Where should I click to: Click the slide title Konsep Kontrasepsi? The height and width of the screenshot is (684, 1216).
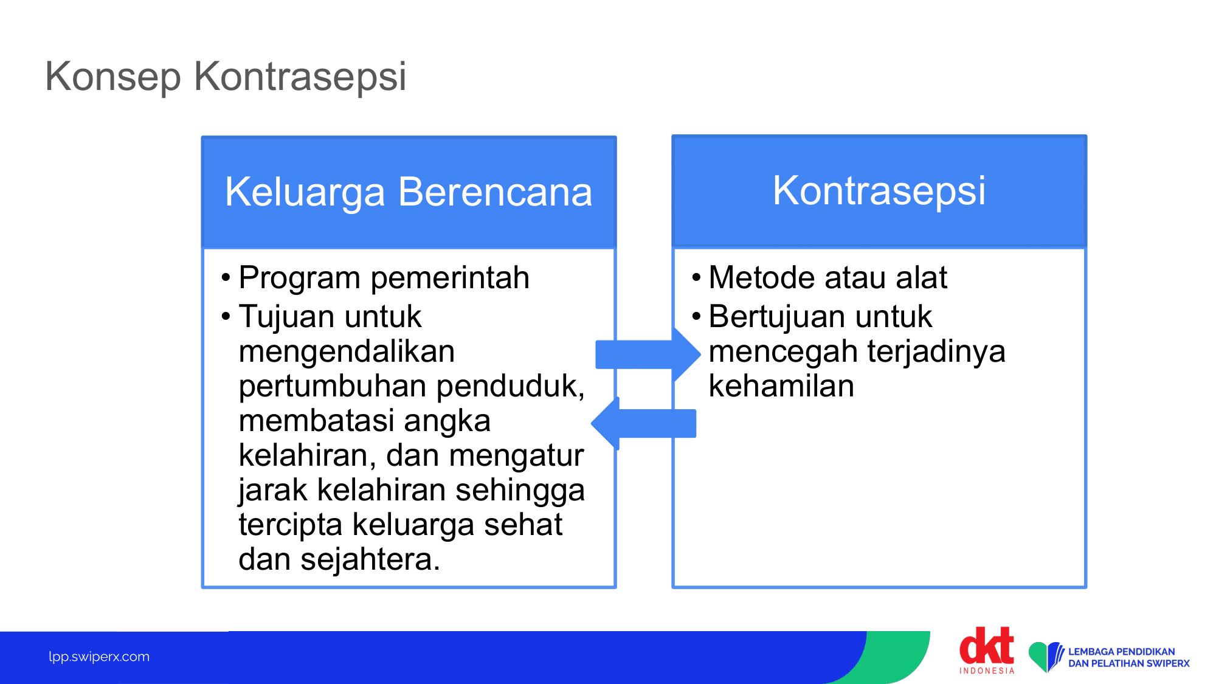(x=226, y=77)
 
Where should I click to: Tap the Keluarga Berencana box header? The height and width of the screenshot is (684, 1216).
(x=409, y=192)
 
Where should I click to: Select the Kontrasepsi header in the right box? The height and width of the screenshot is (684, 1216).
(x=879, y=191)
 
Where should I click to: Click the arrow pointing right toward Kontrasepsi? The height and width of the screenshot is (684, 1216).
(x=648, y=354)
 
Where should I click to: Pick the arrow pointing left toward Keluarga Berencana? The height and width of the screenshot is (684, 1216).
(x=643, y=423)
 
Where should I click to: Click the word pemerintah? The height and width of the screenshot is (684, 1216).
(x=450, y=278)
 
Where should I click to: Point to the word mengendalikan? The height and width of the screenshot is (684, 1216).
(x=347, y=351)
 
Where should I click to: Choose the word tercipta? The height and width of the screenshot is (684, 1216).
(x=291, y=525)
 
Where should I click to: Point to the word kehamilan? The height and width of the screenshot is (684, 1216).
(x=781, y=386)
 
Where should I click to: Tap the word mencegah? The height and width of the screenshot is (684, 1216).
(x=784, y=352)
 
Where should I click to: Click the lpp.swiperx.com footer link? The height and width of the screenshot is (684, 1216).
(x=99, y=657)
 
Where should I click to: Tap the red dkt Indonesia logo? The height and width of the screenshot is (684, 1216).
(x=987, y=650)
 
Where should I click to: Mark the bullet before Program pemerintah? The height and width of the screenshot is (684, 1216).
(x=226, y=278)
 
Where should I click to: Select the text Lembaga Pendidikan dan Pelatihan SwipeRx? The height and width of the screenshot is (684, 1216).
(x=1129, y=657)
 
